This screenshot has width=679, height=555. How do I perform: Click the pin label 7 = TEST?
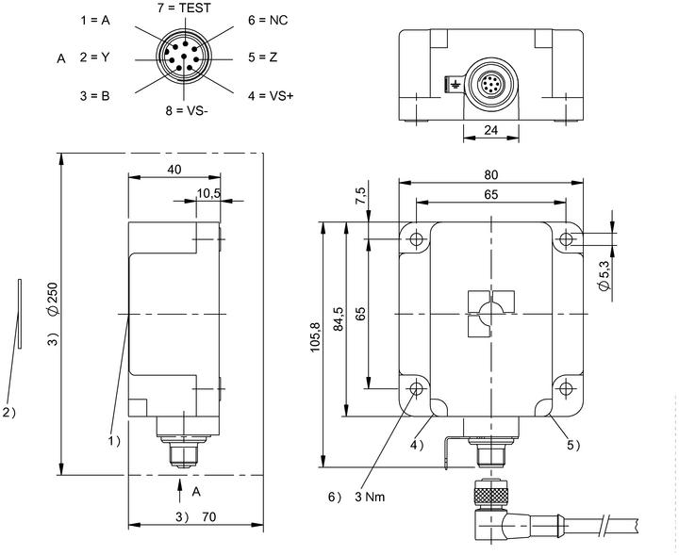tap(184, 8)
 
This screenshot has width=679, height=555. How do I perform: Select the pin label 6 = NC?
tap(268, 21)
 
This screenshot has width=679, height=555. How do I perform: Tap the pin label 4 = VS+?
tap(271, 95)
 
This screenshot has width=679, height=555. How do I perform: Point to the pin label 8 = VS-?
tap(186, 111)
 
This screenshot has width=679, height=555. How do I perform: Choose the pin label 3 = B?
tap(95, 95)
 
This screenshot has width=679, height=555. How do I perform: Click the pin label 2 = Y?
tap(94, 57)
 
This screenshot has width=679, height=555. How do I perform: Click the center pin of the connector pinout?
tap(184, 57)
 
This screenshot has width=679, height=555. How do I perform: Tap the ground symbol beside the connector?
tap(455, 84)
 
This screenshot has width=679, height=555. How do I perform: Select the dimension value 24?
tap(490, 130)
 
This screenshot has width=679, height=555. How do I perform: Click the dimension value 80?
tap(490, 174)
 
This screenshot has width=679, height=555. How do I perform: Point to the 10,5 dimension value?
tap(208, 193)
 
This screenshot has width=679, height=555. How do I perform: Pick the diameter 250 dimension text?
tap(52, 299)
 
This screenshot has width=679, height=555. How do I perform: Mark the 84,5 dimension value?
tap(339, 318)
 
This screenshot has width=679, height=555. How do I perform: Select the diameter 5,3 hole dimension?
tap(604, 275)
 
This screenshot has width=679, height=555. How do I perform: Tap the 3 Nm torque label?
tap(370, 497)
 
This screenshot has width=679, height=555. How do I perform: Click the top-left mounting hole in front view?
tap(416, 238)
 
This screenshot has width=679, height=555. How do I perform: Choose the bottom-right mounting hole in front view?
tap(566, 388)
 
